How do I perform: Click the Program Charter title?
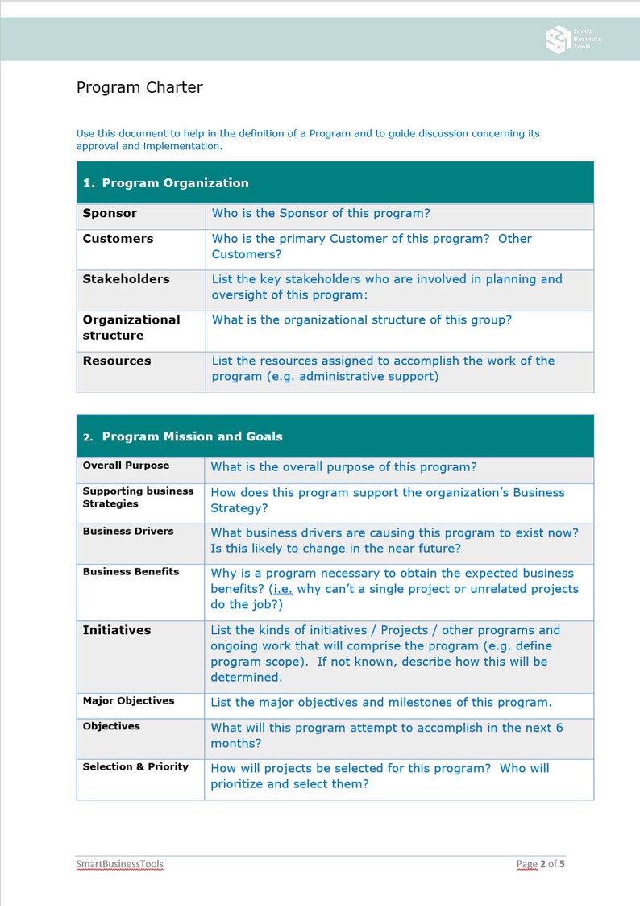pos(139,88)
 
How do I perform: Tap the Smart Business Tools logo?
pos(573,39)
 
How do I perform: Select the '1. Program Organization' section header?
pos(166,183)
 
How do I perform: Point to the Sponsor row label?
pos(110,214)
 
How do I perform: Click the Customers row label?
pos(118,239)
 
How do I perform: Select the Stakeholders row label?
pos(126,279)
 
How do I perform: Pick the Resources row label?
pos(117,361)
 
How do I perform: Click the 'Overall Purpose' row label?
pos(126,466)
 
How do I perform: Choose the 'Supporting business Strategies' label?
pos(138,497)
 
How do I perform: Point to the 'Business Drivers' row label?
pos(127,531)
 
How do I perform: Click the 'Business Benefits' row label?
pos(131,571)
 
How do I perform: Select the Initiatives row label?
pos(117,630)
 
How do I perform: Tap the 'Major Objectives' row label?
pos(128,700)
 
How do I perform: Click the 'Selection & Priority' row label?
pos(135,766)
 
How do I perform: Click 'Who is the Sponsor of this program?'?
pos(321,214)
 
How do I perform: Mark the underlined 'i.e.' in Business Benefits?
pos(282,589)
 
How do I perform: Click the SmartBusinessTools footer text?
pos(119,864)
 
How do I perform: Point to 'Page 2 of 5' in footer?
pos(540,864)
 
